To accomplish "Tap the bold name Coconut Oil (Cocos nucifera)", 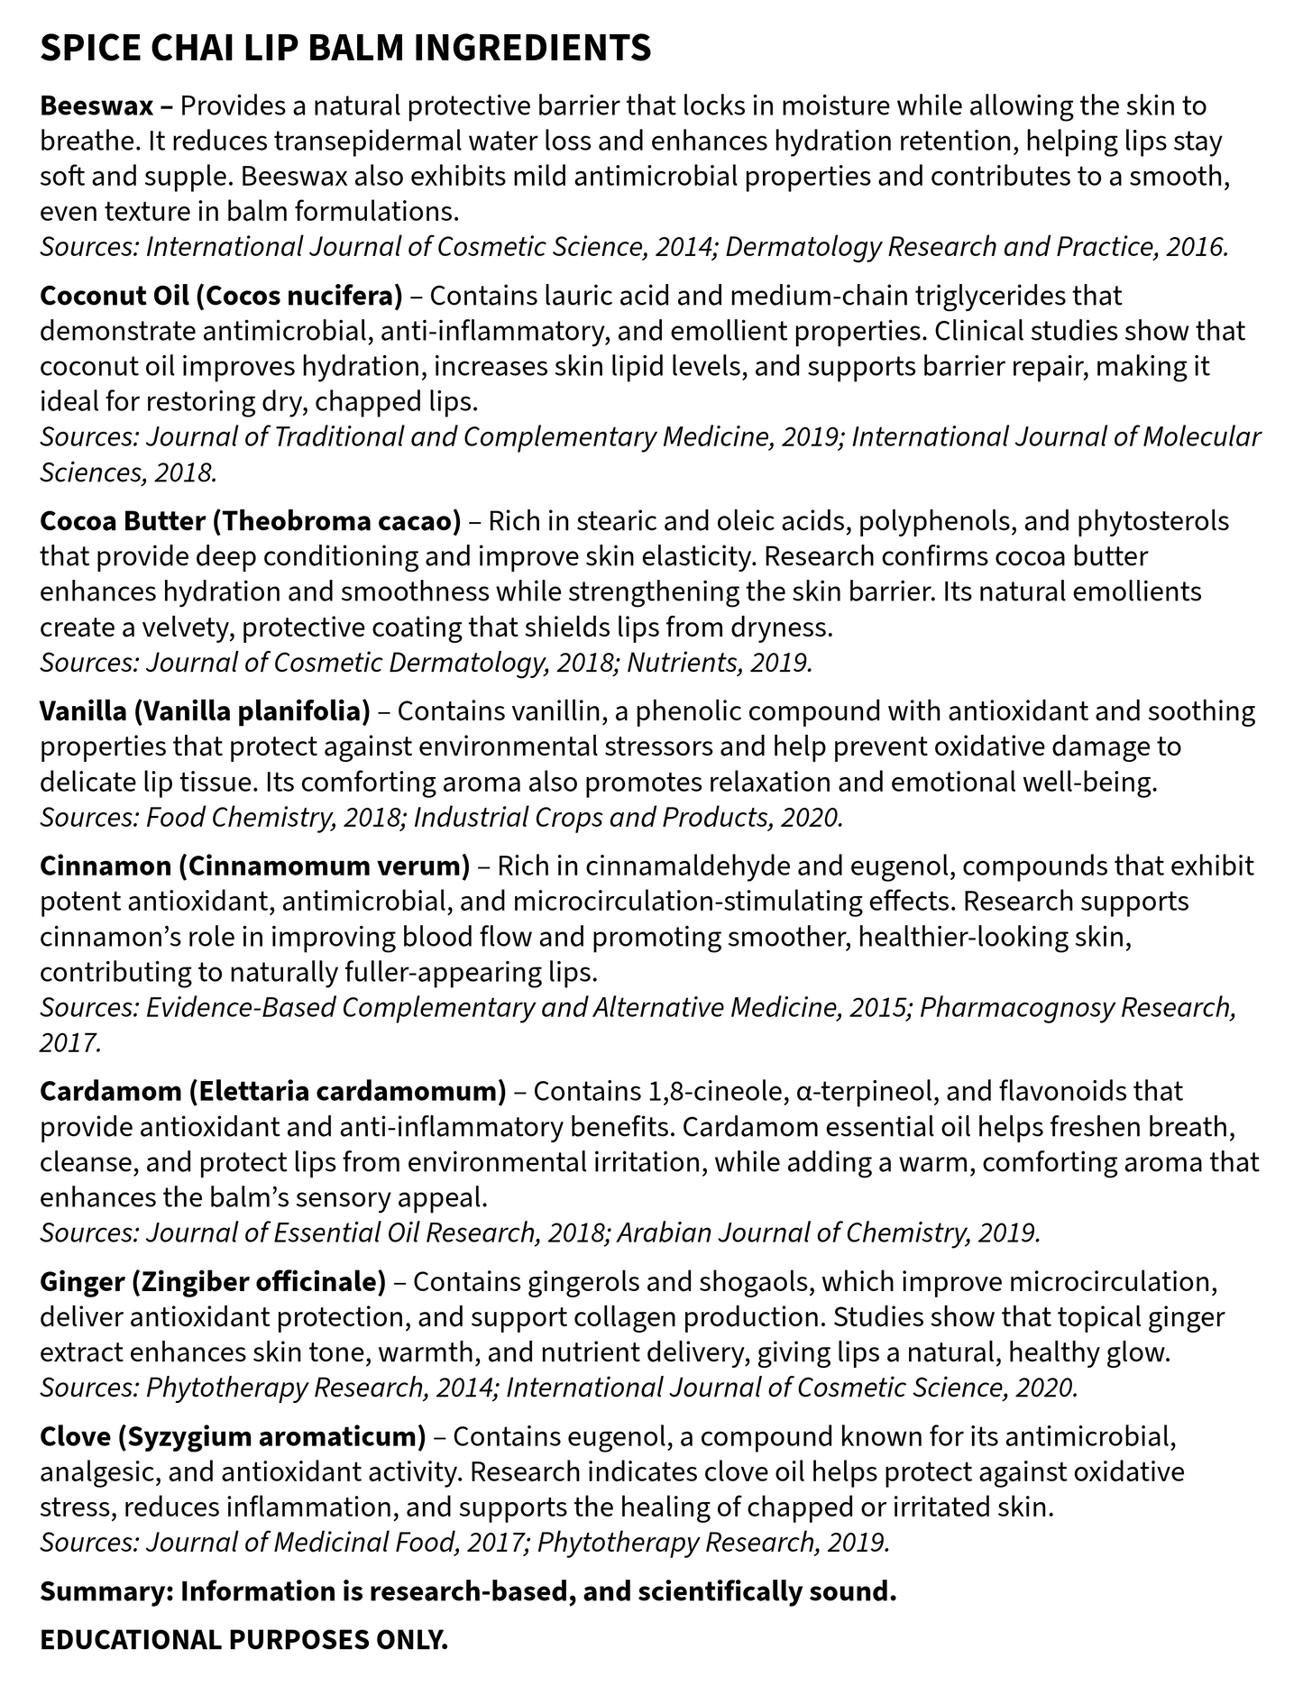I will click(221, 296).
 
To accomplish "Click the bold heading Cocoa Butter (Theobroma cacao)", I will click(250, 521).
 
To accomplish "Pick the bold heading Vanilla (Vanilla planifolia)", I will click(205, 711).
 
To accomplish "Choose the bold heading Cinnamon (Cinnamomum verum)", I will click(254, 866).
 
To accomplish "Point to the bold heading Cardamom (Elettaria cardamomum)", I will click(272, 1091).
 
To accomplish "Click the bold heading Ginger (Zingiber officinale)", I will click(213, 1281).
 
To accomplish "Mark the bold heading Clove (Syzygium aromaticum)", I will click(233, 1435).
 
